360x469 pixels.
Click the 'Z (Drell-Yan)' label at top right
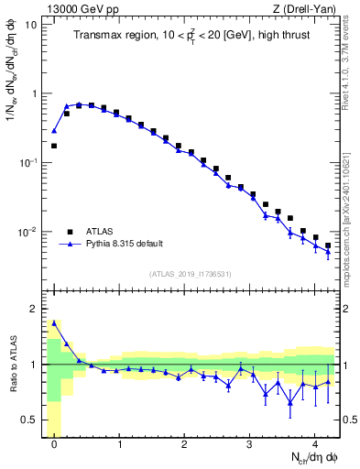click(309, 8)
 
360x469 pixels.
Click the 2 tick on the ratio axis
click(38, 309)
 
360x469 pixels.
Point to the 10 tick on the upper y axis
click(34, 25)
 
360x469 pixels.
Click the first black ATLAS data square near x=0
click(54, 146)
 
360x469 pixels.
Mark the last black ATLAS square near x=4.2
click(328, 245)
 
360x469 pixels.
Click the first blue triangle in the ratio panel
click(54, 322)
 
